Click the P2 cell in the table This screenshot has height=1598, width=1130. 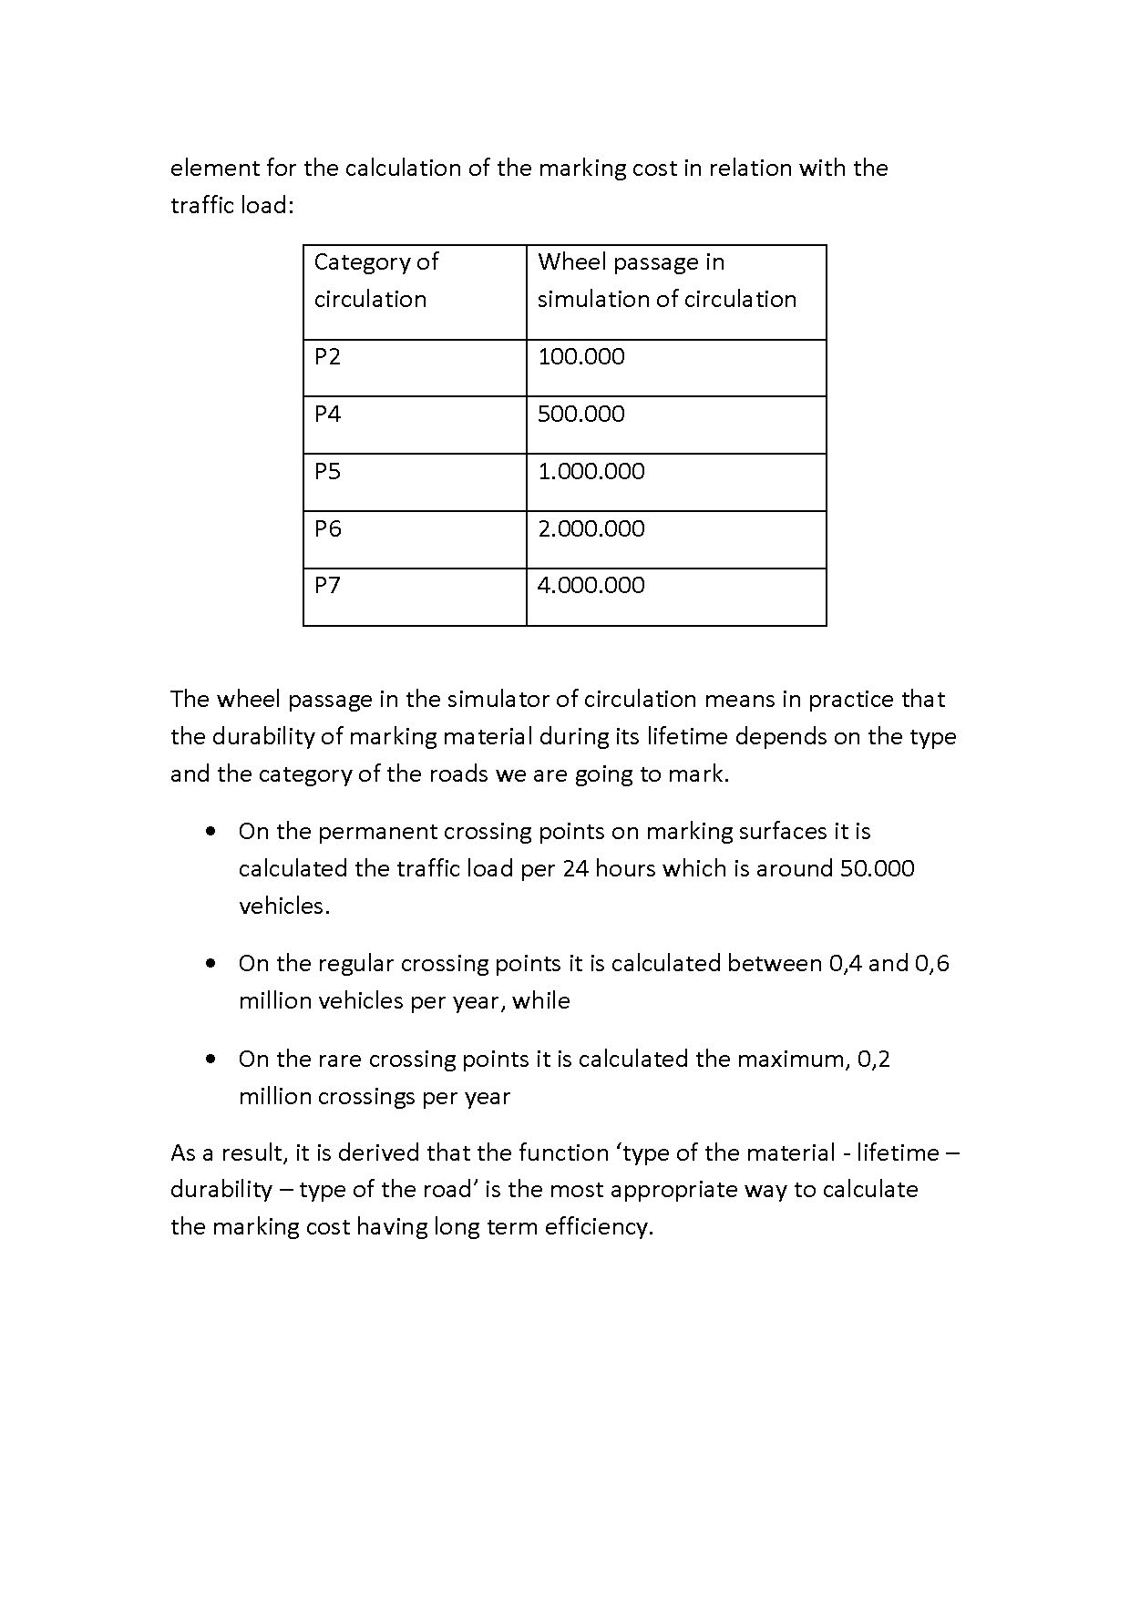[327, 357]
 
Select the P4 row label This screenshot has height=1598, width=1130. [327, 415]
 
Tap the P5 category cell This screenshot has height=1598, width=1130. [327, 472]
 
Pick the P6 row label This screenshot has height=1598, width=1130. [327, 529]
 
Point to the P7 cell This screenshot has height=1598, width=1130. [327, 586]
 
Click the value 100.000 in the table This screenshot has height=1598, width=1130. [580, 357]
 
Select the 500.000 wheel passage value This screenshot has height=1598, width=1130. [580, 415]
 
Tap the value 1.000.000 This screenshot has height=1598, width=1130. [591, 472]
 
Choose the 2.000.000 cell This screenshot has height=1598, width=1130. [591, 529]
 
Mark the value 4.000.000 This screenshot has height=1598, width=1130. [591, 586]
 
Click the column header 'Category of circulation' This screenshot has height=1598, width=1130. [375, 281]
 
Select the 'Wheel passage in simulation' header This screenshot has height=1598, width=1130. [666, 281]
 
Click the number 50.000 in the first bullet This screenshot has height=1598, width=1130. [877, 868]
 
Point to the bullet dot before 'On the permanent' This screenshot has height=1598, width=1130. [211, 832]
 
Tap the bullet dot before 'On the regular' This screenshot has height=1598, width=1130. [211, 964]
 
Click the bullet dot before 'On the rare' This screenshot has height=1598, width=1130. [211, 1060]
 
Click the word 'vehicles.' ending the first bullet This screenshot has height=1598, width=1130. [284, 907]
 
